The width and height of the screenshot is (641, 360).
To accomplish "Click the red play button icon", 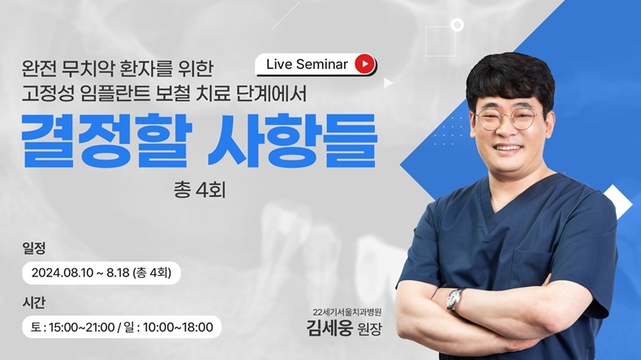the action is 364,64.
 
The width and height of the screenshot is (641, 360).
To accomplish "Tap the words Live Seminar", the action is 307,64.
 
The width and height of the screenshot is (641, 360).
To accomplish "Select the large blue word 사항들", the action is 292,140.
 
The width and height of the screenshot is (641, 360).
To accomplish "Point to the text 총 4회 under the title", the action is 200,191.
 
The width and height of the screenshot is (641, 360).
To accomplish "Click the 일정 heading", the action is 34,248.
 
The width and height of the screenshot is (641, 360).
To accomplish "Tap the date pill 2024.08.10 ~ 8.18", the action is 101,273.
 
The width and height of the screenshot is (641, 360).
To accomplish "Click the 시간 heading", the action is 34,302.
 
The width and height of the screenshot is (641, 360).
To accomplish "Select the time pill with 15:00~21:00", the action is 122,327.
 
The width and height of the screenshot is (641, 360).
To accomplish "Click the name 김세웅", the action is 329,328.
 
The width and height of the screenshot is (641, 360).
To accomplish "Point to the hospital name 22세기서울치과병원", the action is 347,312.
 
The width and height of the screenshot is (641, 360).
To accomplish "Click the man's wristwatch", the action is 454,299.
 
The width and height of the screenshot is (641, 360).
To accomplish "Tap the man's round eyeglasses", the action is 509,118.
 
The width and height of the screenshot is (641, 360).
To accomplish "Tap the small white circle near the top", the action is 457,25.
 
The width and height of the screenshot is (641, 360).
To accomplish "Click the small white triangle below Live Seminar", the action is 388,83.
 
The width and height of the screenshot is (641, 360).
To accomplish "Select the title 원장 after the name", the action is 369,328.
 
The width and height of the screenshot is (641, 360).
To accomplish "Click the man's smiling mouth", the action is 508,147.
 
